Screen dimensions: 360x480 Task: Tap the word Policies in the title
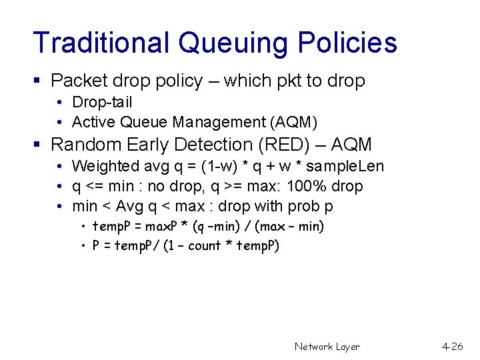(347, 43)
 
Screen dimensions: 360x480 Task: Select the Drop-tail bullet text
(102, 102)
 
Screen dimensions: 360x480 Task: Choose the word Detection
(201, 145)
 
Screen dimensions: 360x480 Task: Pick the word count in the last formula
(205, 246)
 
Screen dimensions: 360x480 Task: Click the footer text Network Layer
(327, 347)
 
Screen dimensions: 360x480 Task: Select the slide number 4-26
(453, 347)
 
